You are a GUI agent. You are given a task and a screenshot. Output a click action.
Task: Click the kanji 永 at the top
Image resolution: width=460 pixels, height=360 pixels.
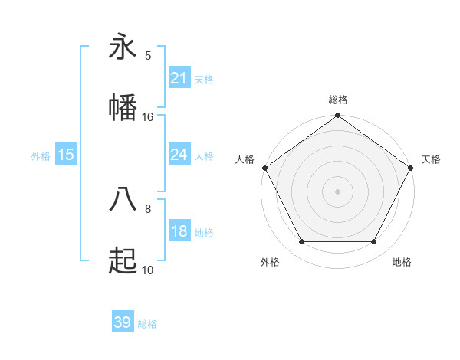pyautogui.click(x=123, y=47)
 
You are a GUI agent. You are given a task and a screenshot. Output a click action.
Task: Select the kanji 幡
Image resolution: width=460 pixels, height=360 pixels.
pyautogui.click(x=123, y=107)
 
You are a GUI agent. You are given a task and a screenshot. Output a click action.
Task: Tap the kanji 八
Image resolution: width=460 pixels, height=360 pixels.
pyautogui.click(x=123, y=199)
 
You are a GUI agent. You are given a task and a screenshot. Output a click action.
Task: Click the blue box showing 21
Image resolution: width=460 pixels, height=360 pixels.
pyautogui.click(x=179, y=78)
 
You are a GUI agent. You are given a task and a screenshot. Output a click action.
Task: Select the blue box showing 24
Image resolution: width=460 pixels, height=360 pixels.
pyautogui.click(x=179, y=155)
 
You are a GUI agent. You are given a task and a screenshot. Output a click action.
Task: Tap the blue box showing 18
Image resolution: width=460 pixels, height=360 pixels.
pyautogui.click(x=179, y=232)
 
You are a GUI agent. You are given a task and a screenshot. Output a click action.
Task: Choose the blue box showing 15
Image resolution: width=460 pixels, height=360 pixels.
pyautogui.click(x=66, y=155)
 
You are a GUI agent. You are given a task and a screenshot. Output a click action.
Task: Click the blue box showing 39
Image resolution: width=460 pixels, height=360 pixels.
pyautogui.click(x=123, y=322)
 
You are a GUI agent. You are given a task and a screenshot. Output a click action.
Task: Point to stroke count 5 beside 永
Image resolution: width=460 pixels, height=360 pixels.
pyautogui.click(x=148, y=56)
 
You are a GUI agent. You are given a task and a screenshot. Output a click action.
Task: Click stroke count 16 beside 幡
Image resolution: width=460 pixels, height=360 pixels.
pyautogui.click(x=148, y=116)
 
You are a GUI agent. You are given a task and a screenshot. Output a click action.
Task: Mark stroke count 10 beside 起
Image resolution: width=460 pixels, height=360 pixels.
pyautogui.click(x=148, y=270)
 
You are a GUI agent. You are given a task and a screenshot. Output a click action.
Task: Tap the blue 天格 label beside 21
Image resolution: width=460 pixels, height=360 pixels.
pyautogui.click(x=204, y=79)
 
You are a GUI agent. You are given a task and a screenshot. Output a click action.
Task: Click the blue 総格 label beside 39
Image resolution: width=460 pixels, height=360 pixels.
pyautogui.click(x=147, y=324)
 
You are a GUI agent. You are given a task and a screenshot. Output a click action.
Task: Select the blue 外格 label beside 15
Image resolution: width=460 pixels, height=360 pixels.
pyautogui.click(x=41, y=156)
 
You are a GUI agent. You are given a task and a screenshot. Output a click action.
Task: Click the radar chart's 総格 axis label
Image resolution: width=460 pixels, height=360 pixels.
pyautogui.click(x=338, y=100)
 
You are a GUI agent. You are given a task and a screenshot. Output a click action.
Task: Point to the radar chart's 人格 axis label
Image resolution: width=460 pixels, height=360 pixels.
pyautogui.click(x=245, y=159)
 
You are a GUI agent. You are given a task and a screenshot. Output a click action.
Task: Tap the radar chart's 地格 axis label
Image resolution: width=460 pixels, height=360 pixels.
pyautogui.click(x=402, y=262)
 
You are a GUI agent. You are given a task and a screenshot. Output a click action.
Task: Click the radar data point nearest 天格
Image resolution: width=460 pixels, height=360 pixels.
pyautogui.click(x=412, y=168)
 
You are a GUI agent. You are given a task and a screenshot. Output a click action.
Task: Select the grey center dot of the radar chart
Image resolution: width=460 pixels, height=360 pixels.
pyautogui.click(x=338, y=191)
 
